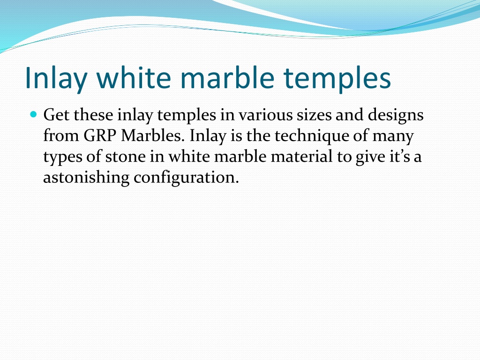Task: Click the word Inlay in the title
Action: click(x=56, y=78)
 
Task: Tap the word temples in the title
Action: click(x=337, y=78)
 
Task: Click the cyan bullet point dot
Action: click(x=34, y=114)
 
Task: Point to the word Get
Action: click(x=56, y=115)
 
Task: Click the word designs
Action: click(x=396, y=116)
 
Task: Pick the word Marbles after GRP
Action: click(x=153, y=135)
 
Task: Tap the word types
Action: click(x=62, y=157)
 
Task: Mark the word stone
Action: click(x=126, y=157)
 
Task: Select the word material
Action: click(x=301, y=156)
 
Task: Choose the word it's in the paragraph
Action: click(x=399, y=156)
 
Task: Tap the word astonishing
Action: click(x=86, y=178)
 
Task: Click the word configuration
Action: click(x=186, y=178)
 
